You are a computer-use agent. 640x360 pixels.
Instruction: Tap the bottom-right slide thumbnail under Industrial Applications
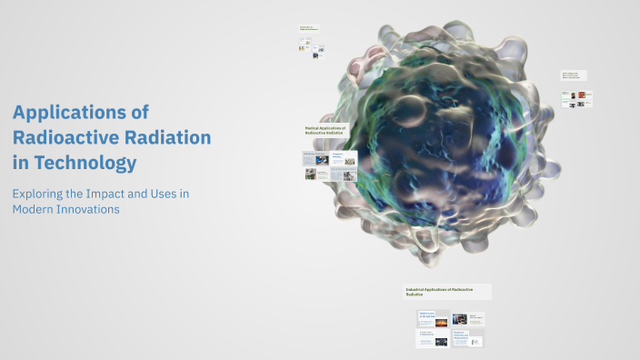click(x=467, y=339)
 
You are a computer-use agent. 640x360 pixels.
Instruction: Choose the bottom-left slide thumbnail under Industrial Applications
click(x=433, y=339)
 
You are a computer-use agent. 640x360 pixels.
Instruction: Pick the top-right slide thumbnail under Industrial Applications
click(x=467, y=319)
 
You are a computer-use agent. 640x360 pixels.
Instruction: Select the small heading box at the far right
click(x=573, y=75)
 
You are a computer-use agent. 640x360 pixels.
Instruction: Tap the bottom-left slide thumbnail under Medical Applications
click(x=316, y=174)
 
